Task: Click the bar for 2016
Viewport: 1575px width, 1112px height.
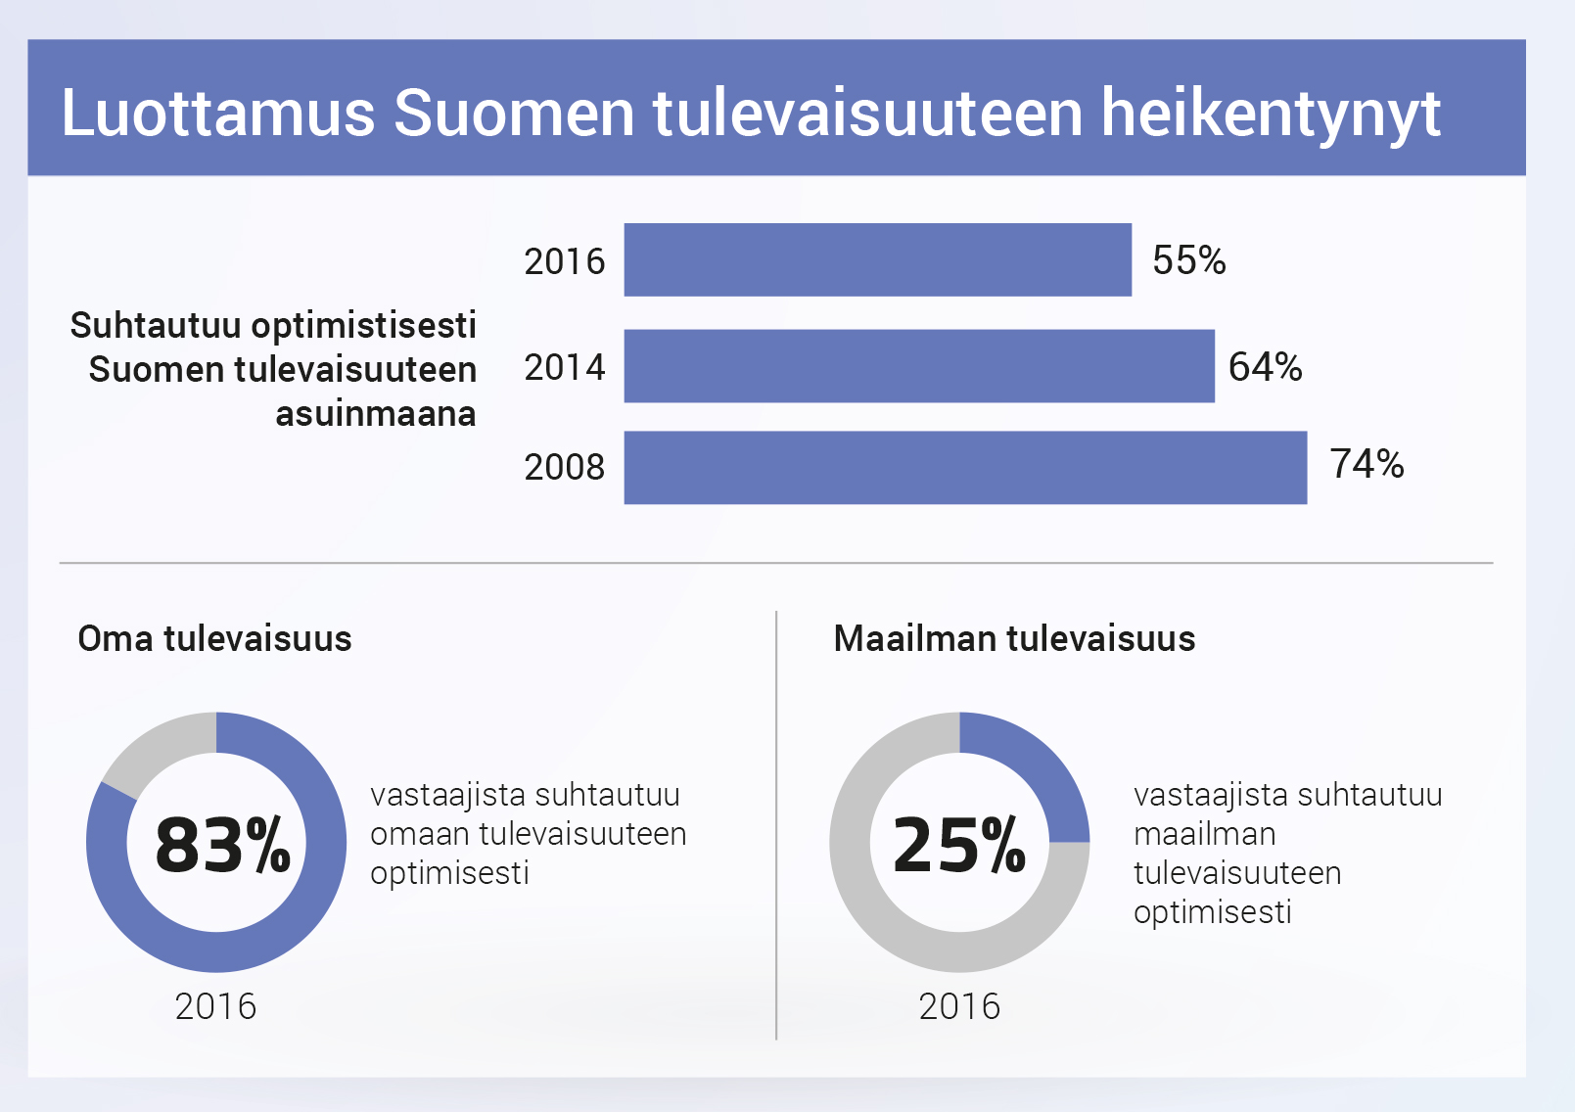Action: coord(877,259)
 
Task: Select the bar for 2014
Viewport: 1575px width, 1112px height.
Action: coord(919,365)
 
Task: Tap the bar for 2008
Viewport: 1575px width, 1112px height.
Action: coord(965,467)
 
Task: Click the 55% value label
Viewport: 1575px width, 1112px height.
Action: coord(1188,260)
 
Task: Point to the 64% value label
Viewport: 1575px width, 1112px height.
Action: coord(1265,367)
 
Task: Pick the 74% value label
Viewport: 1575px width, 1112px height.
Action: coord(1367,464)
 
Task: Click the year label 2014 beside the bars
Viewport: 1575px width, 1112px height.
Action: coord(565,367)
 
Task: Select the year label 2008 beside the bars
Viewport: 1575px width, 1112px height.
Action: coord(565,467)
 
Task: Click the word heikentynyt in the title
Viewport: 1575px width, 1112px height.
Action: coord(1271,115)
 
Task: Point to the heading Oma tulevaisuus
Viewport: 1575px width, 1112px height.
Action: coord(214,638)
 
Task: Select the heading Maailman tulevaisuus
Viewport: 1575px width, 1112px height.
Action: coord(1014,638)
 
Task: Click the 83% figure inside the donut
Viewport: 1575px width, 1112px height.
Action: coord(222,845)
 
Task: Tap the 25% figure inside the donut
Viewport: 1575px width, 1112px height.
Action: coord(959,845)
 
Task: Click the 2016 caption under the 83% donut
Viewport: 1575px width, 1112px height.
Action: coord(215,1006)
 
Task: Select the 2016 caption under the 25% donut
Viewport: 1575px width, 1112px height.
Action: coord(959,1006)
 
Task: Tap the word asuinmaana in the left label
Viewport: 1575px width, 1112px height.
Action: coord(375,414)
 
